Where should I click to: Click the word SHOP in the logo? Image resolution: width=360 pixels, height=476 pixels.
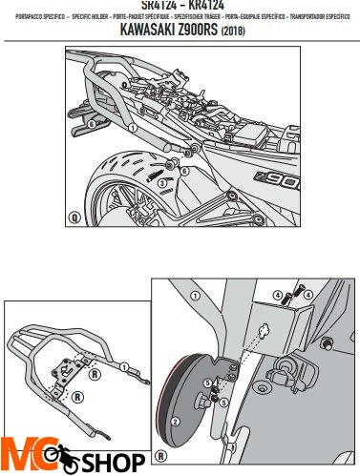click(112, 463)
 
